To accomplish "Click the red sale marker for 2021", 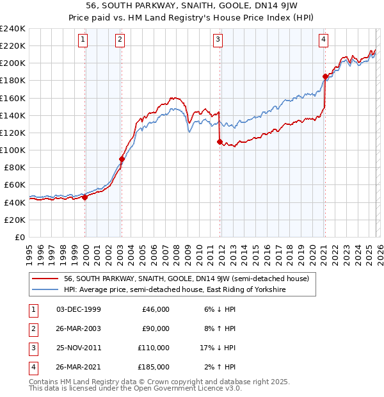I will coord(325,77).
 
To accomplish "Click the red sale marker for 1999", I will coord(84,197).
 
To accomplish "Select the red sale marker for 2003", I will coord(122,159).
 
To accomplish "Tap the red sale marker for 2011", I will coord(220,142).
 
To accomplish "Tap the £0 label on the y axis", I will coord(19,237).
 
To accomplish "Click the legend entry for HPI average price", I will coord(174,290).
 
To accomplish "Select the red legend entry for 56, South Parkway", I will coord(186,279).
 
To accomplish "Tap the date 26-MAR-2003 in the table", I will coord(79,329).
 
